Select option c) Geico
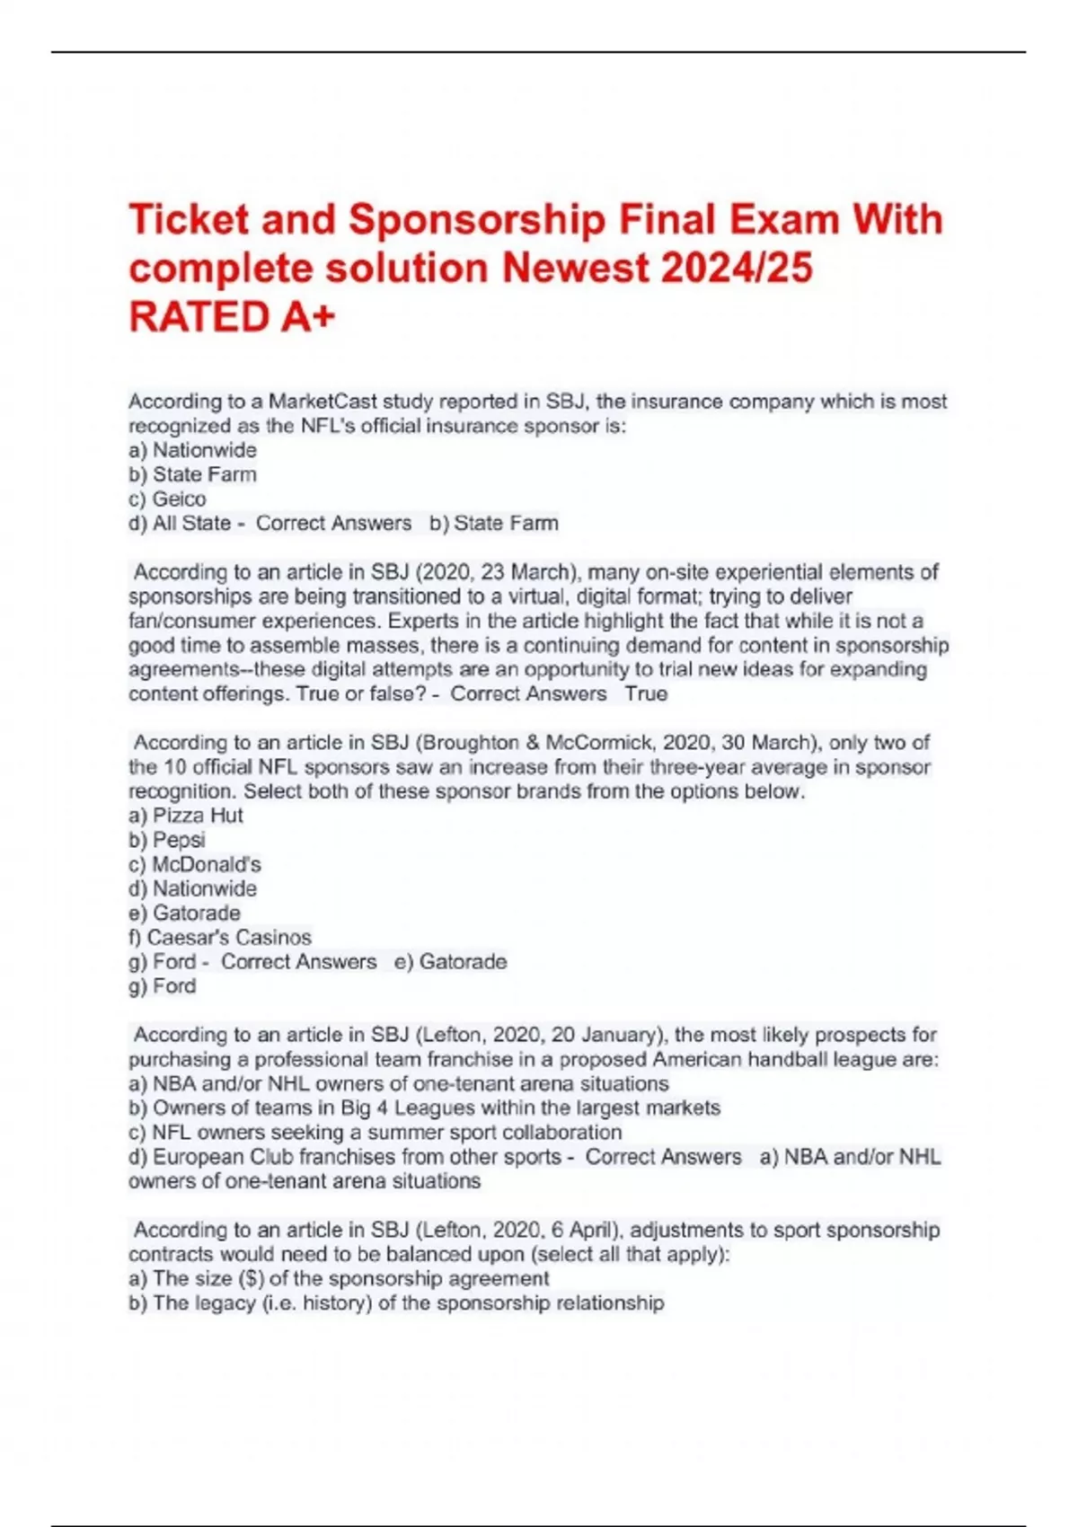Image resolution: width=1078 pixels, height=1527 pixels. pos(167,499)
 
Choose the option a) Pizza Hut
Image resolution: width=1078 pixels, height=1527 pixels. pos(186,816)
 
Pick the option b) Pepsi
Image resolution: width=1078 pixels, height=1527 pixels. pos(167,840)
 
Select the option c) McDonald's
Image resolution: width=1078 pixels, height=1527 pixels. pos(195,864)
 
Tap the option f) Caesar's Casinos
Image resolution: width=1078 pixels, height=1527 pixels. pos(220,937)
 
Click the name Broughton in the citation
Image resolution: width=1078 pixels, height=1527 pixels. pos(470,743)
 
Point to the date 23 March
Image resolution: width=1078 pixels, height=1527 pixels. pos(528,572)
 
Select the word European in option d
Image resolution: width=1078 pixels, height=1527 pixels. pos(197,1157)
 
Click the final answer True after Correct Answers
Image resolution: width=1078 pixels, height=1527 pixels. pos(646,693)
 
